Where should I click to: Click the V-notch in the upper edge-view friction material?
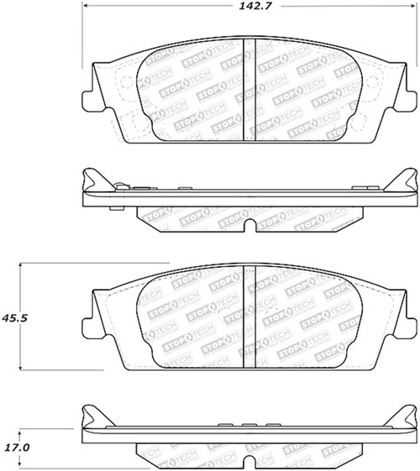tap(252, 225)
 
